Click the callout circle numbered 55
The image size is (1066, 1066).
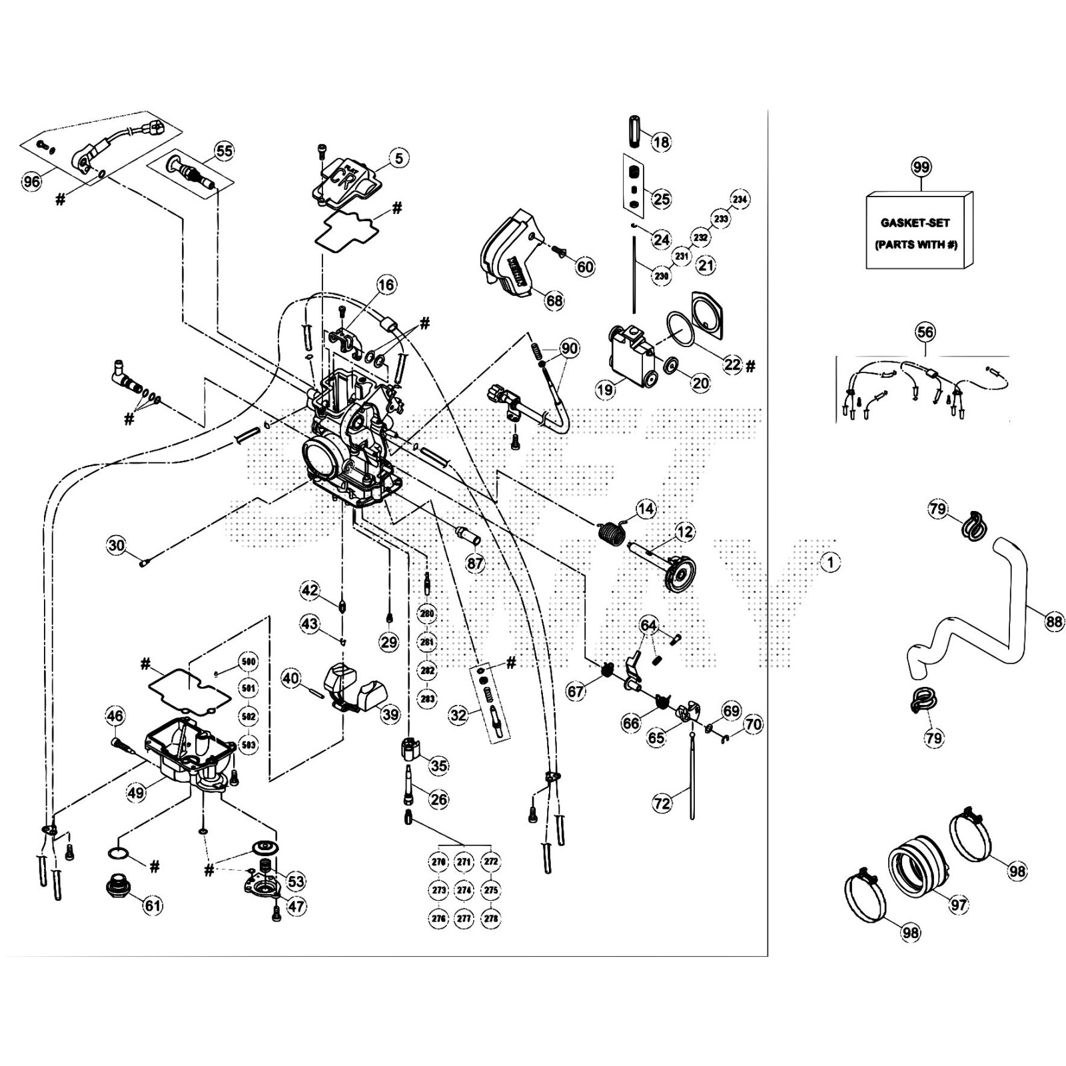tap(224, 151)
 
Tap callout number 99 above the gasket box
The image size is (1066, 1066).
tap(921, 167)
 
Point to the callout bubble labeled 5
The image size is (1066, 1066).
tap(398, 158)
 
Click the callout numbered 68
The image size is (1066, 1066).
tap(554, 300)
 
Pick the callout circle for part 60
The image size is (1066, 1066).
tap(584, 267)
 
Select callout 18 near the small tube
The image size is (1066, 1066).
tap(660, 142)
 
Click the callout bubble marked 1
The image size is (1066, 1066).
tap(830, 562)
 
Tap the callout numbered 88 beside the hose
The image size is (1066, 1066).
tap(1053, 622)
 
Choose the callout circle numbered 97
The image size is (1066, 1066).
tap(958, 904)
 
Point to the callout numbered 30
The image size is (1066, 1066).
tap(117, 546)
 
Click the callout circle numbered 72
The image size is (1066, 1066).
tap(662, 803)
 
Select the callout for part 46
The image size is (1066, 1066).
tap(115, 717)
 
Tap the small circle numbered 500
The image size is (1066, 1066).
tap(248, 662)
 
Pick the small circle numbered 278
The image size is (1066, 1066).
tap(490, 918)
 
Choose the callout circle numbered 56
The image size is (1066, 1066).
tap(925, 332)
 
